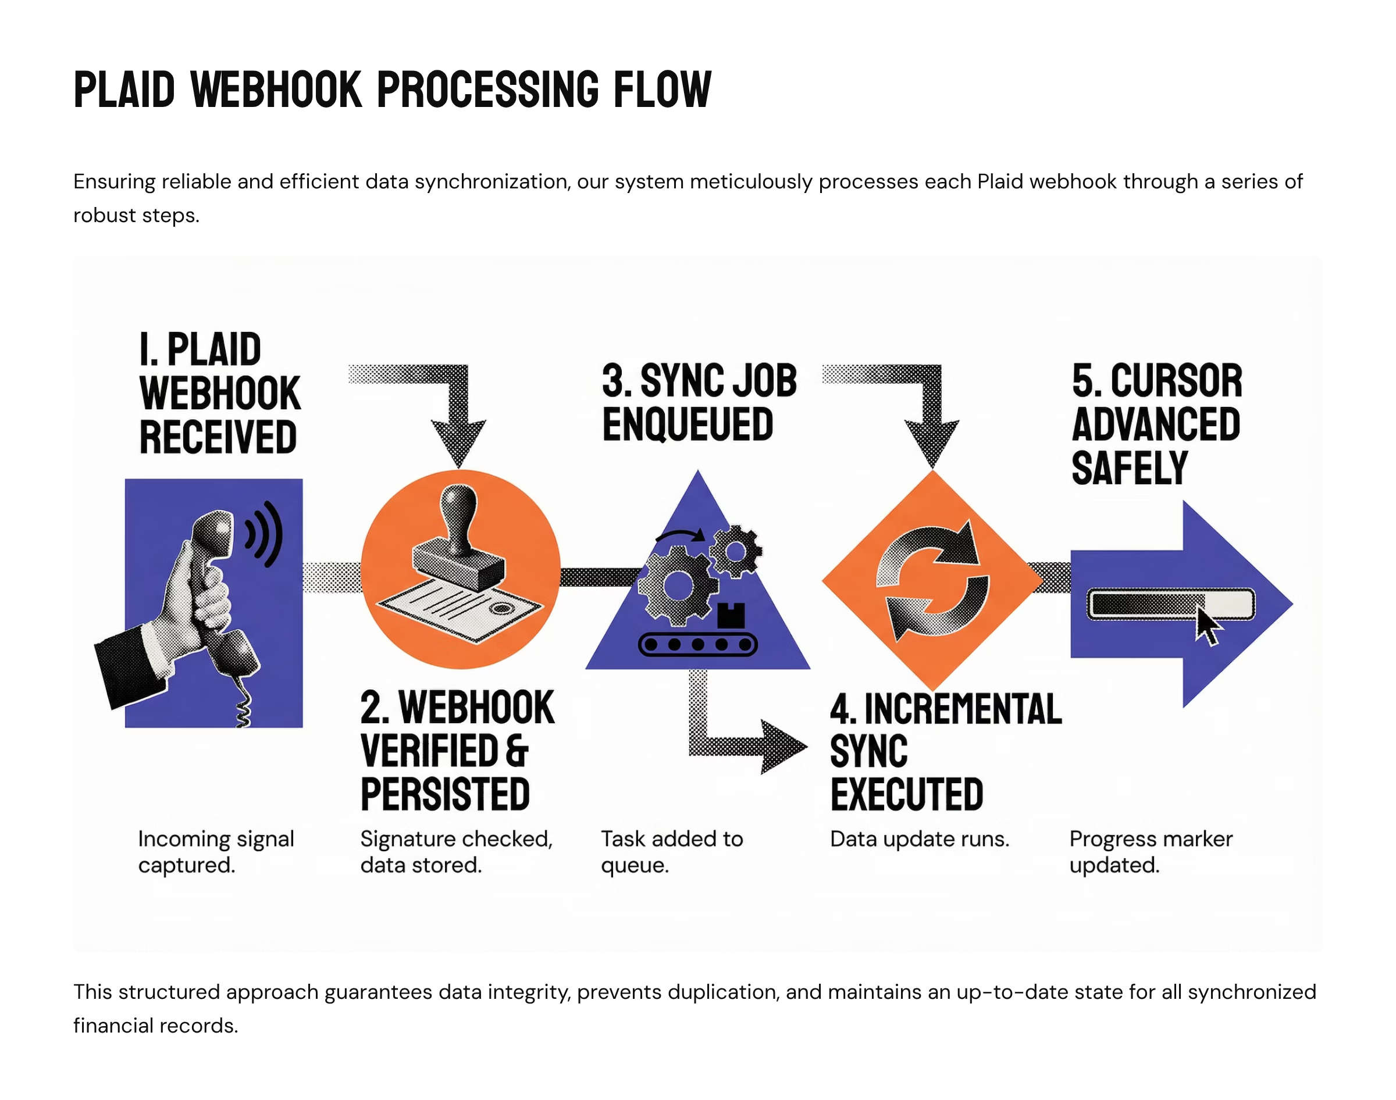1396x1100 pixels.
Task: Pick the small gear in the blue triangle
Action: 735,551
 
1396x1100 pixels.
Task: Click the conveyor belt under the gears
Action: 697,644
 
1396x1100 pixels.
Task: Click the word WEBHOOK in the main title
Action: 276,90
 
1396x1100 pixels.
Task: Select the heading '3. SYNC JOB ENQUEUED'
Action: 699,402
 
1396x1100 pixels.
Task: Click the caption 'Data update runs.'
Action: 919,838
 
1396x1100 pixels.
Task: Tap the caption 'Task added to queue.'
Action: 671,851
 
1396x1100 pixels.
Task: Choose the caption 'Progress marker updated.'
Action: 1151,851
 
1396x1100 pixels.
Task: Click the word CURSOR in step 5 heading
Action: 1176,381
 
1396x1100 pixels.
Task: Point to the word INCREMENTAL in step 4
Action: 963,709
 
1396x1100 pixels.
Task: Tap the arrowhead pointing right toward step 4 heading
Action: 783,747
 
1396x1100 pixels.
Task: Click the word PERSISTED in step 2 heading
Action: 445,794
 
